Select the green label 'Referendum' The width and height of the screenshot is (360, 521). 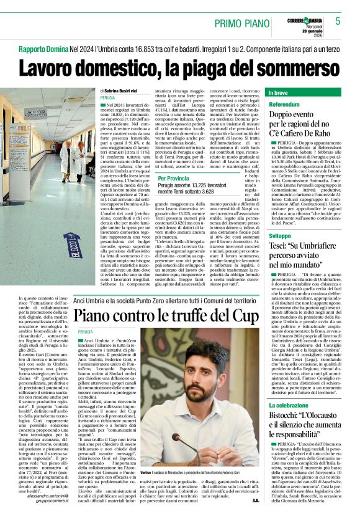[x=285, y=104]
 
